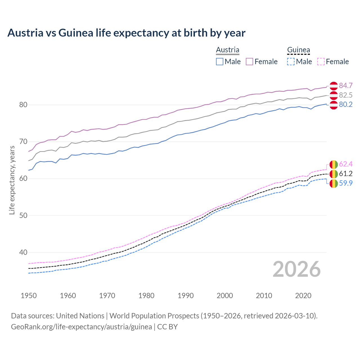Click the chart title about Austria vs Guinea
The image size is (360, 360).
pos(126,33)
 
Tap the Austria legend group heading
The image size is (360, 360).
pos(228,50)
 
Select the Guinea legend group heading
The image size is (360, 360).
pos(298,50)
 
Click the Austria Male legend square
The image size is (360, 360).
pos(220,62)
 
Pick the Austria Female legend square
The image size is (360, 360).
pos(249,62)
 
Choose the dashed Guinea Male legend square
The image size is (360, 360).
pos(291,62)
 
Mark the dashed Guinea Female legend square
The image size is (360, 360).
pos(321,62)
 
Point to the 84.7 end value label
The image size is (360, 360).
pos(346,85)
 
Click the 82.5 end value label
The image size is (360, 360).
pos(346,95)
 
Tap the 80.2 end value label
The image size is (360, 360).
pos(346,105)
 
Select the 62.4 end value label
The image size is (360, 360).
pos(346,164)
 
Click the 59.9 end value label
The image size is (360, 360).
pos(346,183)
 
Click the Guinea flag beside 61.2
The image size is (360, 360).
pos(334,174)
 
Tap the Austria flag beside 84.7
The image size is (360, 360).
pos(334,86)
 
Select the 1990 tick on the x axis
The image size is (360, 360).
pos(186,296)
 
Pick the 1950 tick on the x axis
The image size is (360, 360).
pos(29,296)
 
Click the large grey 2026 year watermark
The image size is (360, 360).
pos(297,269)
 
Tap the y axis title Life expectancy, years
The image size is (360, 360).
pos(12,180)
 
